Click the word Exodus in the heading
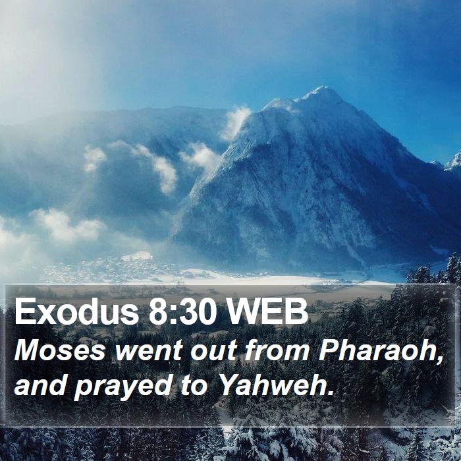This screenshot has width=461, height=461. (x=76, y=312)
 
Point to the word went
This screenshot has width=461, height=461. (x=149, y=351)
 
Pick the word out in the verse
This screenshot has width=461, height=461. (x=214, y=352)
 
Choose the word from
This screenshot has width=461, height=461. (x=277, y=351)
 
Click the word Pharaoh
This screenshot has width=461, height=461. (x=377, y=351)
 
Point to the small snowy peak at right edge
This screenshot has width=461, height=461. (x=454, y=162)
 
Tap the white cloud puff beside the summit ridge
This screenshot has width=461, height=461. (x=236, y=122)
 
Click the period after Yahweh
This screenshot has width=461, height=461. (x=331, y=393)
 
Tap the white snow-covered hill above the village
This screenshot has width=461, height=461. (x=137, y=256)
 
